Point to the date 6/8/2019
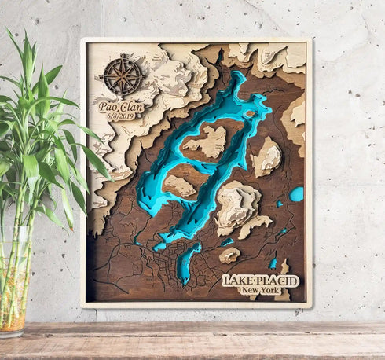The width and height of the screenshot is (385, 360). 121,116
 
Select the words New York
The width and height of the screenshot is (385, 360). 260,291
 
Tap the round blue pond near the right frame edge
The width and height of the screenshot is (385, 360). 296,193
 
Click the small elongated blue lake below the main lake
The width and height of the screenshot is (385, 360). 185,263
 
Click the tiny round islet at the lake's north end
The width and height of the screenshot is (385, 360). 250,113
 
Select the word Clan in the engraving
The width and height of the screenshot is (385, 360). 132,105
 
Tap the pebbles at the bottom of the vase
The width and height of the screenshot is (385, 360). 12,318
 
